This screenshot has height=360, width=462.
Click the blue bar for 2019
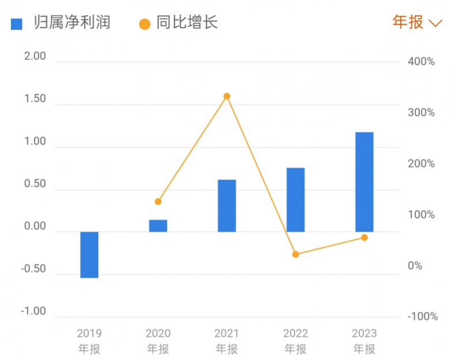click(x=89, y=254)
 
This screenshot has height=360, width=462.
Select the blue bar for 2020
click(x=158, y=226)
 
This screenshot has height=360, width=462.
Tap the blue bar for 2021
click(x=227, y=206)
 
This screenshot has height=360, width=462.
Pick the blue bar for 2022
click(x=296, y=200)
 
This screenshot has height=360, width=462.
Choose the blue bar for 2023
click(x=364, y=182)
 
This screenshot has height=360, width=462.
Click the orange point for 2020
click(x=158, y=201)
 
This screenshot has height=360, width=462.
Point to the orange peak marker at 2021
click(x=227, y=96)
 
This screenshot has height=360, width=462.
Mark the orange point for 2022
click(x=296, y=254)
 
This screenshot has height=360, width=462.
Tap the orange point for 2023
click(x=364, y=237)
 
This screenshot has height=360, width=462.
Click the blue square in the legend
click(x=17, y=24)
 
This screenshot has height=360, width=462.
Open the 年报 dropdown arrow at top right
click(x=436, y=23)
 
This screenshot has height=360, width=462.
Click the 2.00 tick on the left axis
click(x=34, y=57)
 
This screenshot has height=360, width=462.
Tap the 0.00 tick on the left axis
click(x=34, y=227)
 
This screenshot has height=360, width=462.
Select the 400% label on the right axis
click(x=421, y=62)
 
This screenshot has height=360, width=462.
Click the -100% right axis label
click(x=422, y=317)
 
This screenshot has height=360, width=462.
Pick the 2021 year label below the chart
click(x=227, y=333)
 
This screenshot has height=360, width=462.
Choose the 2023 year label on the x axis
click(x=364, y=333)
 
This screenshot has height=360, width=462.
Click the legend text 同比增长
click(x=187, y=23)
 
